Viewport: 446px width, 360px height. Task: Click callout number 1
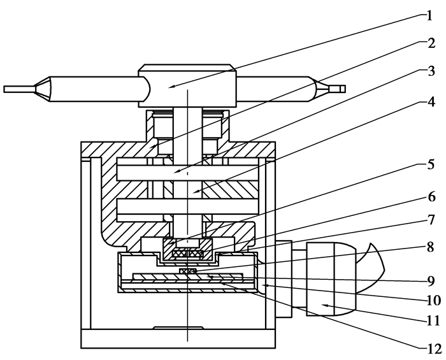point(430,16)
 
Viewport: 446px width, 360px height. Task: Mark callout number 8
point(431,247)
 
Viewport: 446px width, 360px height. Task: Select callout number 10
point(434,301)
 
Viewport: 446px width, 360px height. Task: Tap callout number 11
point(433,321)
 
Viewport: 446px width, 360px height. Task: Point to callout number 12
point(434,349)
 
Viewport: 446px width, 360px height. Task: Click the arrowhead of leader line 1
point(171,87)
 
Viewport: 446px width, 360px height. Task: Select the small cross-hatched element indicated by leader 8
point(188,271)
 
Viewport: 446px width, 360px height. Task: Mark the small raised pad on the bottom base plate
point(178,328)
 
